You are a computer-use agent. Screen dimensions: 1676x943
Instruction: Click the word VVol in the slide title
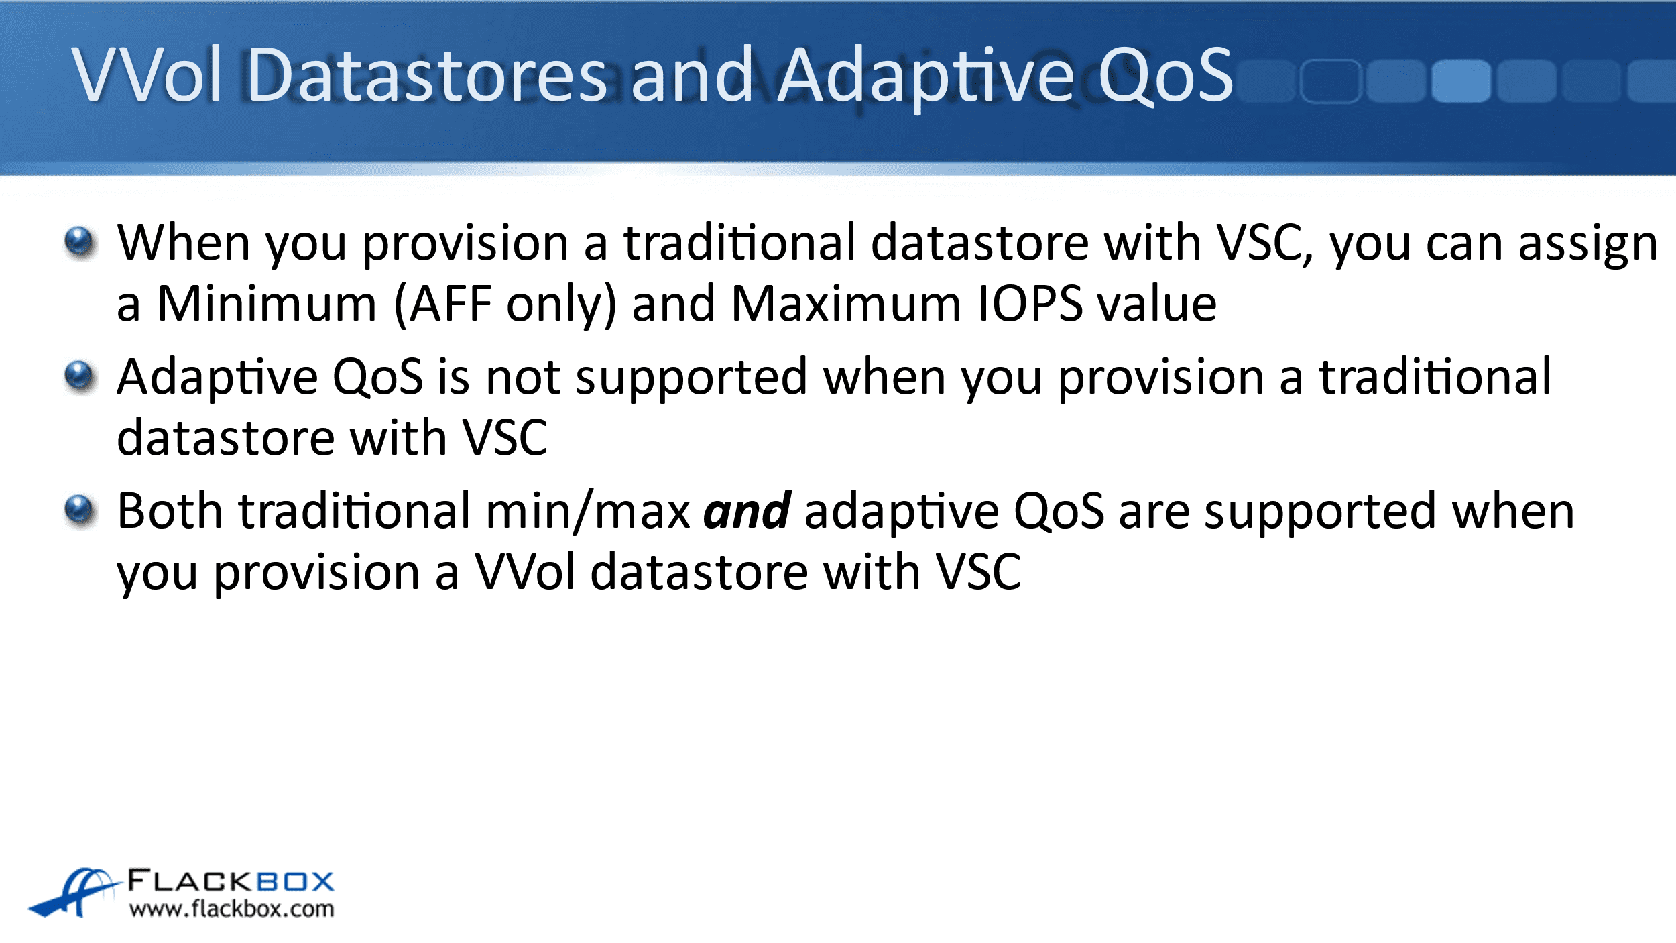coord(147,74)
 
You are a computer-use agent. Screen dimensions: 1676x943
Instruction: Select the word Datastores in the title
coord(427,74)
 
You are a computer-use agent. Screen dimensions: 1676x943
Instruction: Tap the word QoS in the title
coord(1165,76)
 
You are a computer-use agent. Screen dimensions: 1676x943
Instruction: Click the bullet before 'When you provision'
coord(80,242)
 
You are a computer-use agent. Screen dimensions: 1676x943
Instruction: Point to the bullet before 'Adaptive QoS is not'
coord(80,376)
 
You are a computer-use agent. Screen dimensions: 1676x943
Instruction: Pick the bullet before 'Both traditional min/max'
coord(80,510)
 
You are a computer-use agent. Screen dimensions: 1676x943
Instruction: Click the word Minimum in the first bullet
coord(267,304)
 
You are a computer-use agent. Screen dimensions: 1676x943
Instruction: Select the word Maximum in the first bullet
coord(847,304)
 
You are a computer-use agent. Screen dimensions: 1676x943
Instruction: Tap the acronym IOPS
coord(1030,304)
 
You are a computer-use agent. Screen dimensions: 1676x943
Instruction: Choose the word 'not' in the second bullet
coord(523,378)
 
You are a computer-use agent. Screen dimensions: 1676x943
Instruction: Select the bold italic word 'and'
coord(747,511)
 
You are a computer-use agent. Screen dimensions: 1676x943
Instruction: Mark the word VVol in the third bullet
coord(525,572)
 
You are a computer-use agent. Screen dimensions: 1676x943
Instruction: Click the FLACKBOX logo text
coord(231,881)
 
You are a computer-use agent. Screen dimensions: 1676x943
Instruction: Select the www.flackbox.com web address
coord(231,909)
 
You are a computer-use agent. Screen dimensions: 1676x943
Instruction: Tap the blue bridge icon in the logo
coord(74,893)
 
